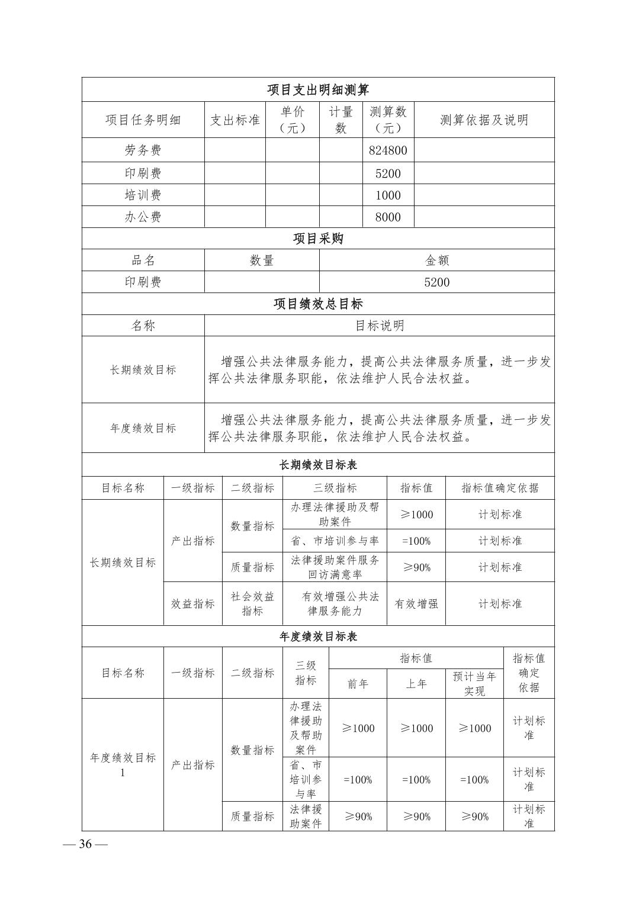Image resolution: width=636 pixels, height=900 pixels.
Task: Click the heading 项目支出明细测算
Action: (318, 89)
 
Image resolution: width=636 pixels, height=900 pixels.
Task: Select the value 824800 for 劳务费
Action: (388, 150)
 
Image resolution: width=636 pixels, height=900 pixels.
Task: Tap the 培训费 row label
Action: (143, 195)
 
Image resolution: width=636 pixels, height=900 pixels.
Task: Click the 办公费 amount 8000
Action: (388, 217)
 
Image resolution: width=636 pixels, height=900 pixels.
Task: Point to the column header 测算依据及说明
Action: (484, 120)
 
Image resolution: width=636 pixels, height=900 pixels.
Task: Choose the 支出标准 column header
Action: (235, 120)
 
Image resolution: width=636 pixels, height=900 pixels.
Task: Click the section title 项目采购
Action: (318, 239)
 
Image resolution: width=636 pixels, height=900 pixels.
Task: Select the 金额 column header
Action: (437, 261)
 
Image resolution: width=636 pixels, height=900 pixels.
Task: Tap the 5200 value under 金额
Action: (437, 282)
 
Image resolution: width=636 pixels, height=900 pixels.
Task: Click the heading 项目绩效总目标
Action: (318, 304)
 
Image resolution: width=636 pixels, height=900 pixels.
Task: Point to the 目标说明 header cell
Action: (379, 326)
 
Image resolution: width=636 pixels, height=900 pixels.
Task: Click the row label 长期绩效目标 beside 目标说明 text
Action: (143, 370)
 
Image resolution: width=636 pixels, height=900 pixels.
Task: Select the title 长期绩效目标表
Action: (318, 465)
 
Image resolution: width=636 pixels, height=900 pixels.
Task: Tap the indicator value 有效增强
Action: (416, 604)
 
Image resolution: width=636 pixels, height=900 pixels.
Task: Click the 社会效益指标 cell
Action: (252, 604)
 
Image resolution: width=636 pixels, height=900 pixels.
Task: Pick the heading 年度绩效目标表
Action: (318, 637)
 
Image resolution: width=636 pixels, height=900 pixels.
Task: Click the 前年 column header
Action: (358, 684)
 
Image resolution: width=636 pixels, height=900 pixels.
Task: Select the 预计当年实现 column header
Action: (474, 684)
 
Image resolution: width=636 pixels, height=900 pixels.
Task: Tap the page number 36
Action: (85, 844)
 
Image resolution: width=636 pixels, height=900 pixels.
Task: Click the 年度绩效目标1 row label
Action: (123, 765)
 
